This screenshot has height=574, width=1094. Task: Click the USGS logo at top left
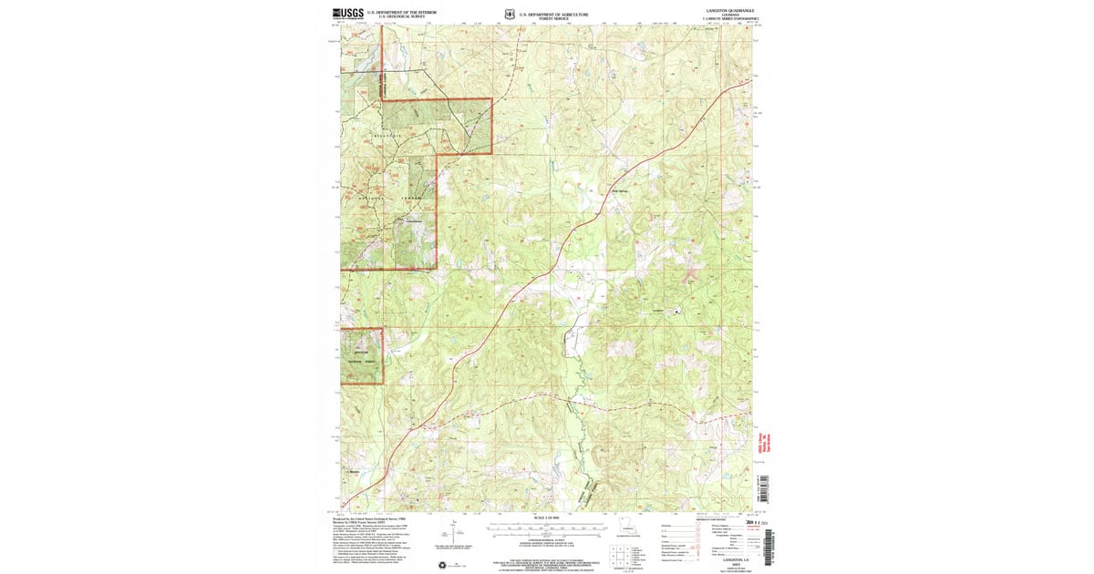348,14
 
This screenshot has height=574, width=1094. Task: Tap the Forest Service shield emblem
509,15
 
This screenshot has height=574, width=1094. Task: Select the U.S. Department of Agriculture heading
554,14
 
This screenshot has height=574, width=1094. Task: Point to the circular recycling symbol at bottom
444,564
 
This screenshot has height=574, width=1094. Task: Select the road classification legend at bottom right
720,538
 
